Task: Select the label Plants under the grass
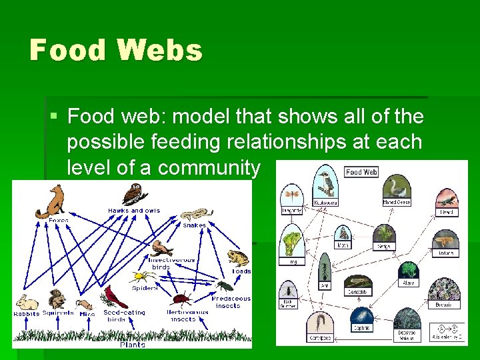pos(133,344)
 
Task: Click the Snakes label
pos(193,225)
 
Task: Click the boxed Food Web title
pos(361,171)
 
